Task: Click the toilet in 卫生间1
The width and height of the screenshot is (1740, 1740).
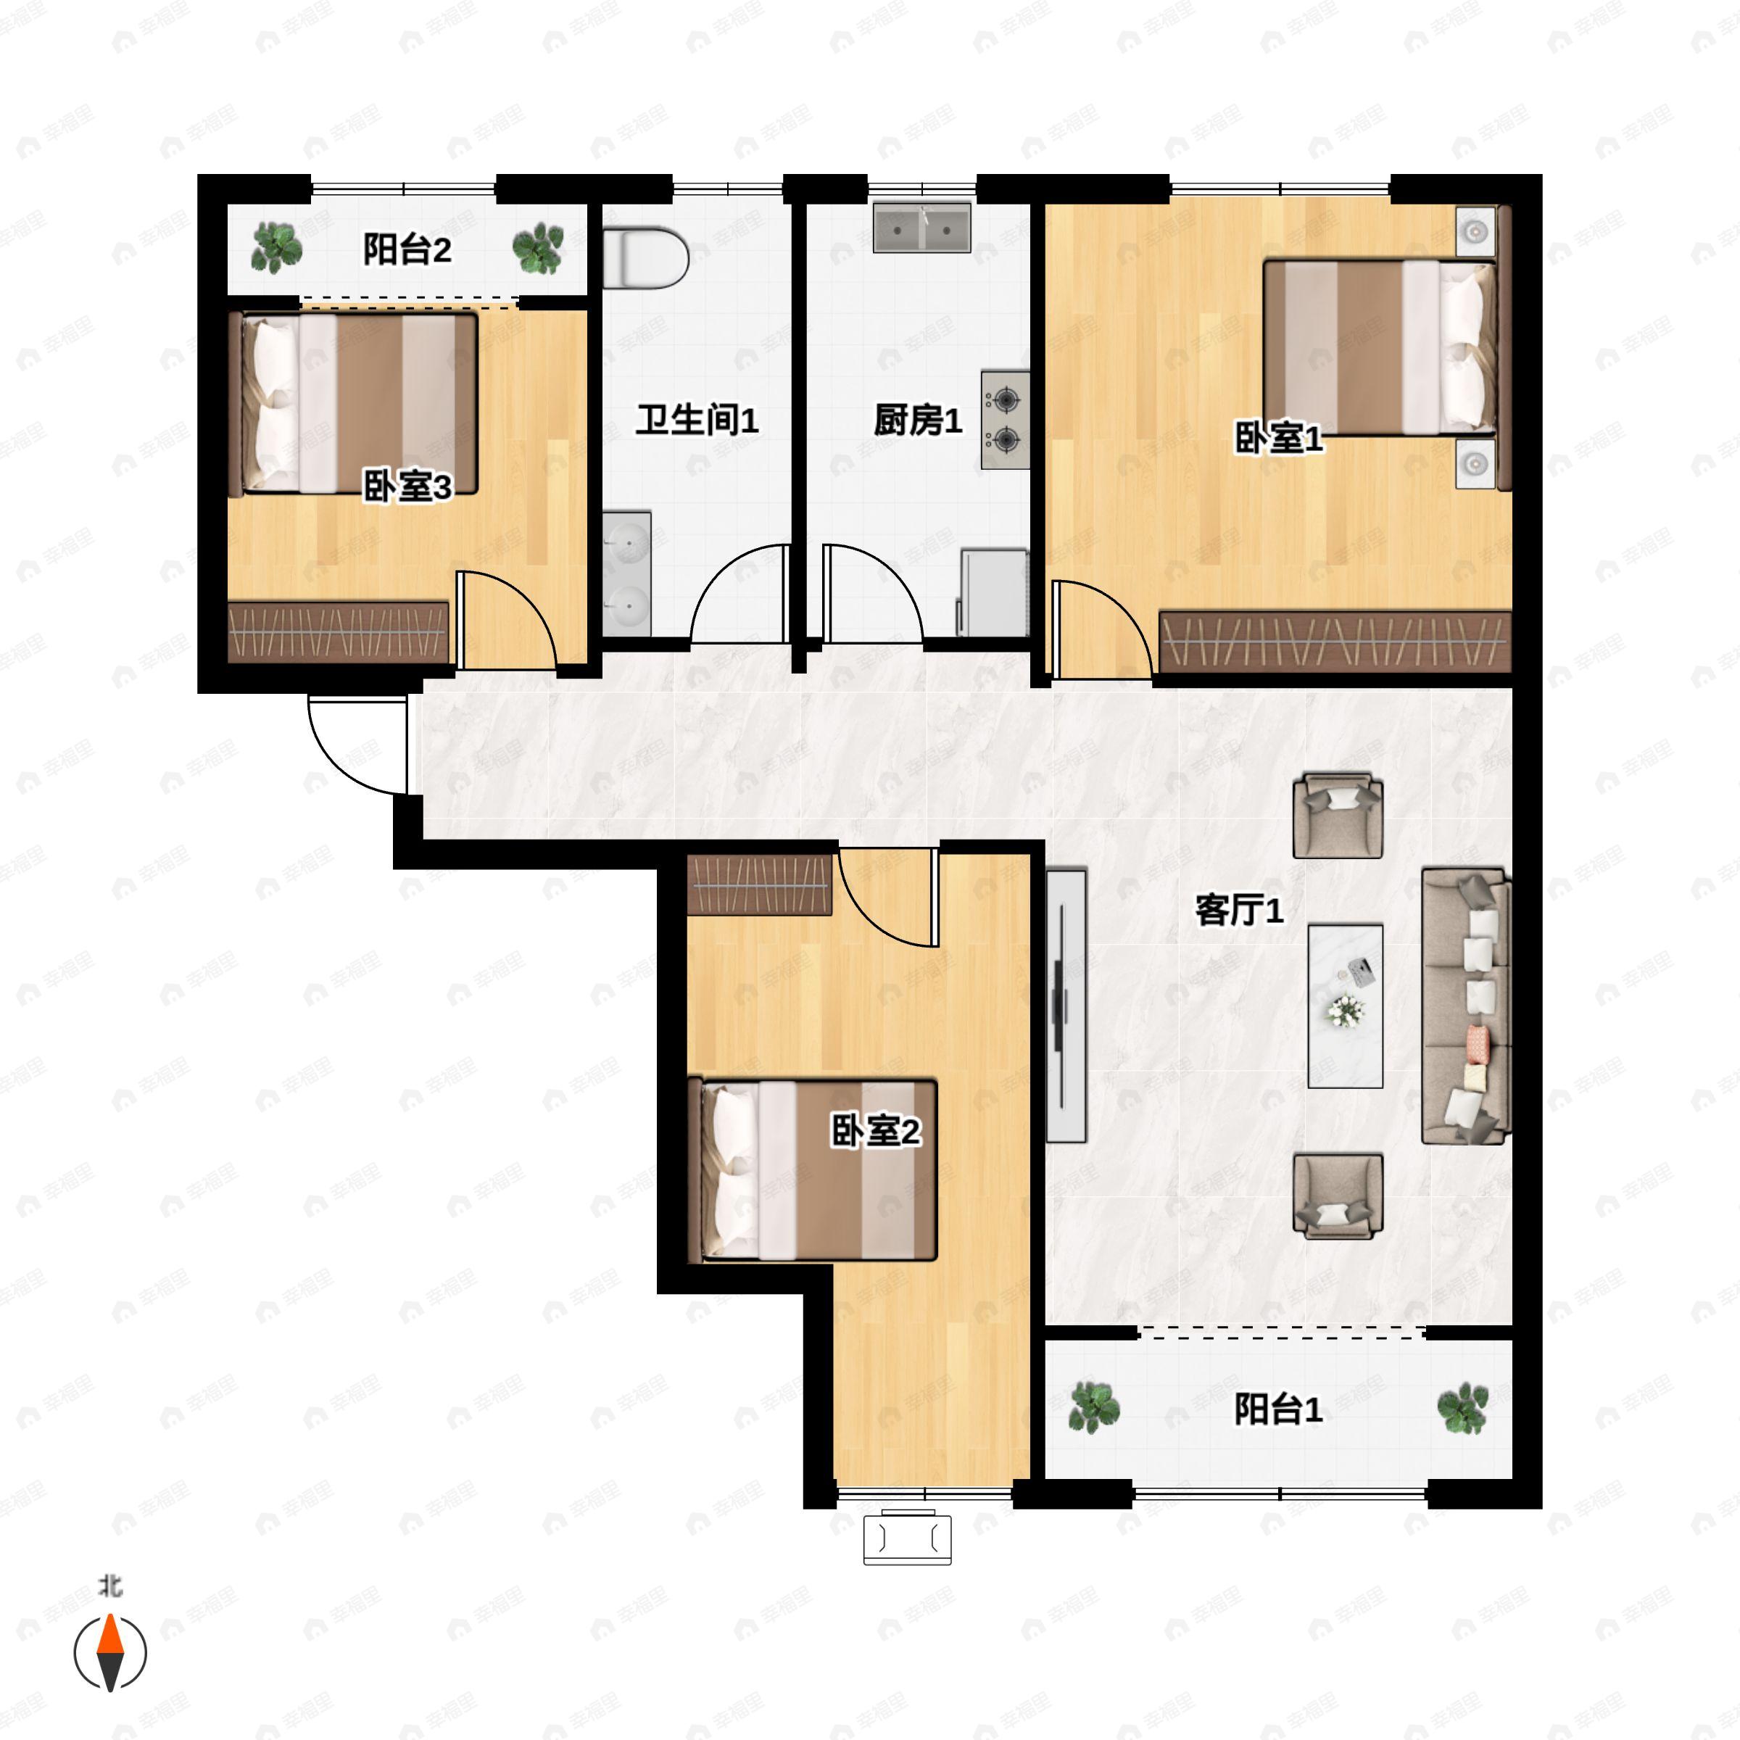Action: (645, 259)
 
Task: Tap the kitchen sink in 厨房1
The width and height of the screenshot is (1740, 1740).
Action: (921, 228)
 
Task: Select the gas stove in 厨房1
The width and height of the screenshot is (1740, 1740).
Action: (1005, 420)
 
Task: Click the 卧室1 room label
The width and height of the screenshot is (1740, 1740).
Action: (1278, 439)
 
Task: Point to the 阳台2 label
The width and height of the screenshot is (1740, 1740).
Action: (407, 249)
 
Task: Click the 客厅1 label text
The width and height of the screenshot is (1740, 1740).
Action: (1238, 911)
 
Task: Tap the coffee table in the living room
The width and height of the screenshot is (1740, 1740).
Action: (1346, 1005)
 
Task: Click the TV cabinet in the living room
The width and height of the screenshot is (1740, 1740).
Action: (1066, 1005)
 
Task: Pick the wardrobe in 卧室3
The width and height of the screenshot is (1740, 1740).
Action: (339, 632)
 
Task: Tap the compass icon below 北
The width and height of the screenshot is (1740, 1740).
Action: (110, 1654)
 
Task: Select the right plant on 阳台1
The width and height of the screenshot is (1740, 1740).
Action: (1462, 1406)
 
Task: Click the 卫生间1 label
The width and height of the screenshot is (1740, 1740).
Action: (697, 420)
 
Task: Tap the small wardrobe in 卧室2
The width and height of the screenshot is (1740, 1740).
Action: (759, 885)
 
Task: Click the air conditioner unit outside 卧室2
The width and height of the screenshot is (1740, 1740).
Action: (907, 1538)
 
